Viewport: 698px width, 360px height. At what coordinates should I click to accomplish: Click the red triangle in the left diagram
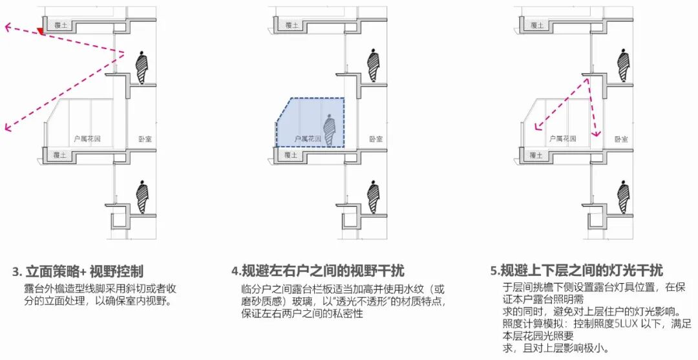pos(41,31)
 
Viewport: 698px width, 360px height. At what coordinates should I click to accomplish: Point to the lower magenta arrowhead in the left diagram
pos(8,127)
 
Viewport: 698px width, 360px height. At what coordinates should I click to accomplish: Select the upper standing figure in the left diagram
pos(142,69)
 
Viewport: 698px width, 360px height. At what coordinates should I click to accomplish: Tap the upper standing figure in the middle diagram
pos(373,67)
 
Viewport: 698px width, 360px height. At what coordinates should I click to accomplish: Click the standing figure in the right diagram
pos(622,67)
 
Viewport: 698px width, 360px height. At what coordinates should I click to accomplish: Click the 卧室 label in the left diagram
pos(145,139)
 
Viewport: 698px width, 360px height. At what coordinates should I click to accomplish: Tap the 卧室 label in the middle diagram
pos(376,139)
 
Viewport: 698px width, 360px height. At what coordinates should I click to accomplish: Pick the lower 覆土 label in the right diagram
pos(535,155)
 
